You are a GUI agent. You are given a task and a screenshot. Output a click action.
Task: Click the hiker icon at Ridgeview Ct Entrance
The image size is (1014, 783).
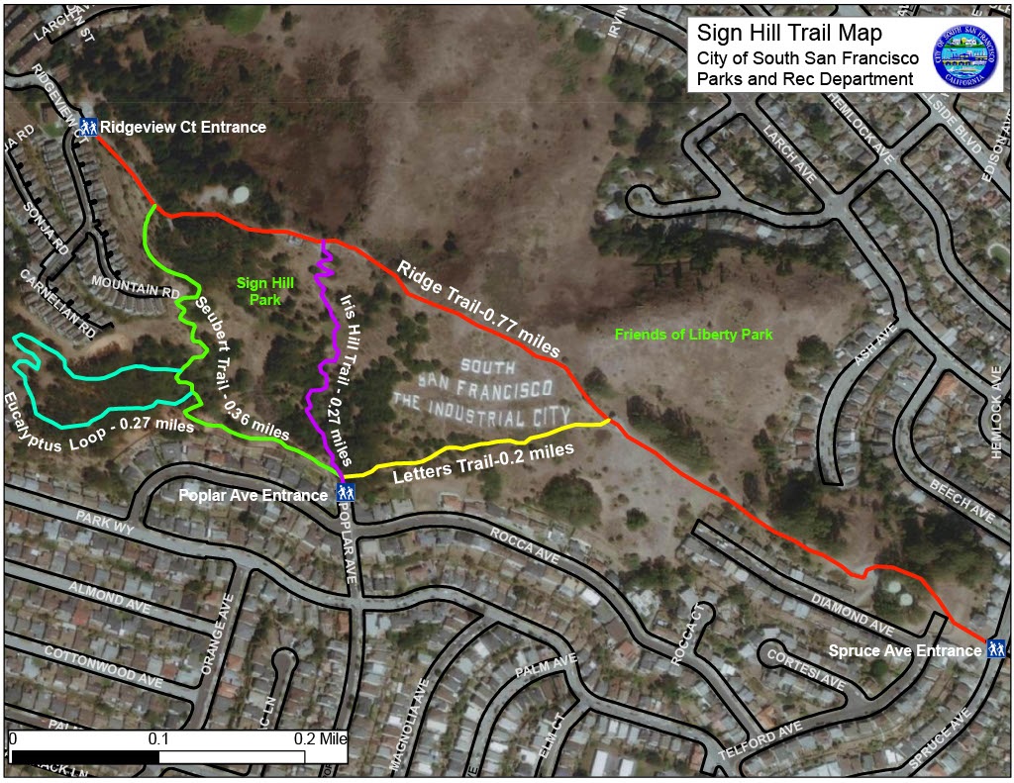pos(88,127)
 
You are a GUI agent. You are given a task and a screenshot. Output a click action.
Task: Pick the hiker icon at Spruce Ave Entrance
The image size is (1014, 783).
pos(996,649)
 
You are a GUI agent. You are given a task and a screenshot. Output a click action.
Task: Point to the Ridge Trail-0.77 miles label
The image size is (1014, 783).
pos(479,309)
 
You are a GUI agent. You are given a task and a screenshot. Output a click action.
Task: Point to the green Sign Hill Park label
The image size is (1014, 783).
pos(258,291)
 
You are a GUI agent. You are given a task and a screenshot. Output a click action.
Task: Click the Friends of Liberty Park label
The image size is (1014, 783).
pos(693,335)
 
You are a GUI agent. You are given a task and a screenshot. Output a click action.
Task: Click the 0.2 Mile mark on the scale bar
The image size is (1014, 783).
pos(319,739)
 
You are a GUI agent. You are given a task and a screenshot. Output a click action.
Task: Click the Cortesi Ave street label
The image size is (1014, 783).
pos(804,668)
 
